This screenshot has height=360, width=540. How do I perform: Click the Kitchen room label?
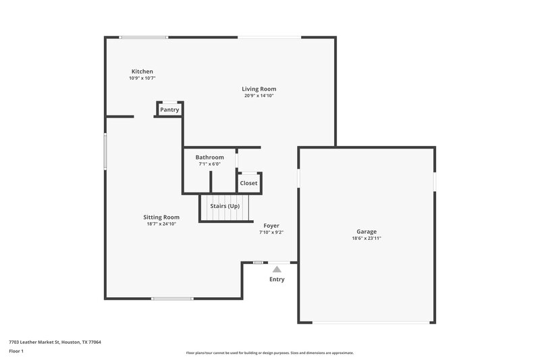coord(142,72)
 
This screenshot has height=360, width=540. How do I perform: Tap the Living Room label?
coord(259,89)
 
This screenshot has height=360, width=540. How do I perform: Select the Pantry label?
coord(169,109)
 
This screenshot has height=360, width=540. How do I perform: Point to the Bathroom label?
coord(209,157)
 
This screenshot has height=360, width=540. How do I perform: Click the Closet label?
coord(248,183)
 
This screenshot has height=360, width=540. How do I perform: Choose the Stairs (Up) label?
coord(225,206)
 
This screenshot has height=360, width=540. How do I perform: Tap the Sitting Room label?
coord(161,217)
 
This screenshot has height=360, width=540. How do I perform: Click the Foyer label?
coord(271,226)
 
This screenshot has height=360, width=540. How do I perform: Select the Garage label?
coord(367,232)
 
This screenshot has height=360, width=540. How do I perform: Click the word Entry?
coord(277,280)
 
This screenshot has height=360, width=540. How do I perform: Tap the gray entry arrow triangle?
coord(277,269)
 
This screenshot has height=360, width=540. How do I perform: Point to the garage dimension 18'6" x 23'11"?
coord(367,238)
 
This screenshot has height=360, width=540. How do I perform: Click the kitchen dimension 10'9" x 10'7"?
coord(142,78)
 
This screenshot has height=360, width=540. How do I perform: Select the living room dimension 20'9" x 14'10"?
coord(259,96)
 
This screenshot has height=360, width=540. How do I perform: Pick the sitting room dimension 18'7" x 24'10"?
coord(161,224)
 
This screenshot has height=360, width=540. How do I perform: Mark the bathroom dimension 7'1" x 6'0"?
coord(209,164)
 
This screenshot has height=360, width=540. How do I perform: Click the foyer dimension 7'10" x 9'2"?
coord(271,232)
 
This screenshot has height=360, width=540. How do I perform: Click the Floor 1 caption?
coord(16,352)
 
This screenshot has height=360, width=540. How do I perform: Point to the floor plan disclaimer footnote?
coord(269,353)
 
